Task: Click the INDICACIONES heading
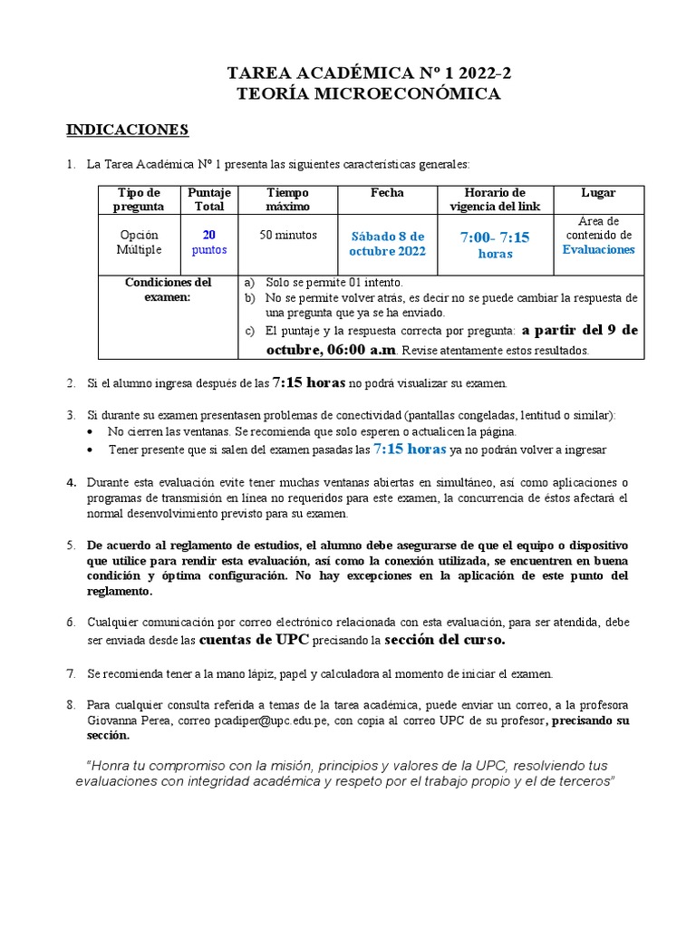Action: (x=127, y=130)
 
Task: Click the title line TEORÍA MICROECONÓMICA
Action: (x=368, y=93)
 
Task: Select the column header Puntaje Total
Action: (x=209, y=199)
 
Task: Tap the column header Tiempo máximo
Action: (x=287, y=199)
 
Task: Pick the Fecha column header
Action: (x=387, y=193)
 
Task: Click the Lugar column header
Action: (x=598, y=193)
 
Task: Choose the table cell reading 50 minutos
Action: (x=287, y=236)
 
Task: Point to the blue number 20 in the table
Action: (x=209, y=235)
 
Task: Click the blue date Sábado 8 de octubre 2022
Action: (x=387, y=244)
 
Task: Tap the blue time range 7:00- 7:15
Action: (x=495, y=237)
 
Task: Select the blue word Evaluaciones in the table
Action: (x=598, y=249)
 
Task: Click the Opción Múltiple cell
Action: (x=139, y=242)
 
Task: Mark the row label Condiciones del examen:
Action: (x=169, y=290)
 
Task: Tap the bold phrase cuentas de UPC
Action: (x=255, y=641)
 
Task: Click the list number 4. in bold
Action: (x=71, y=482)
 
